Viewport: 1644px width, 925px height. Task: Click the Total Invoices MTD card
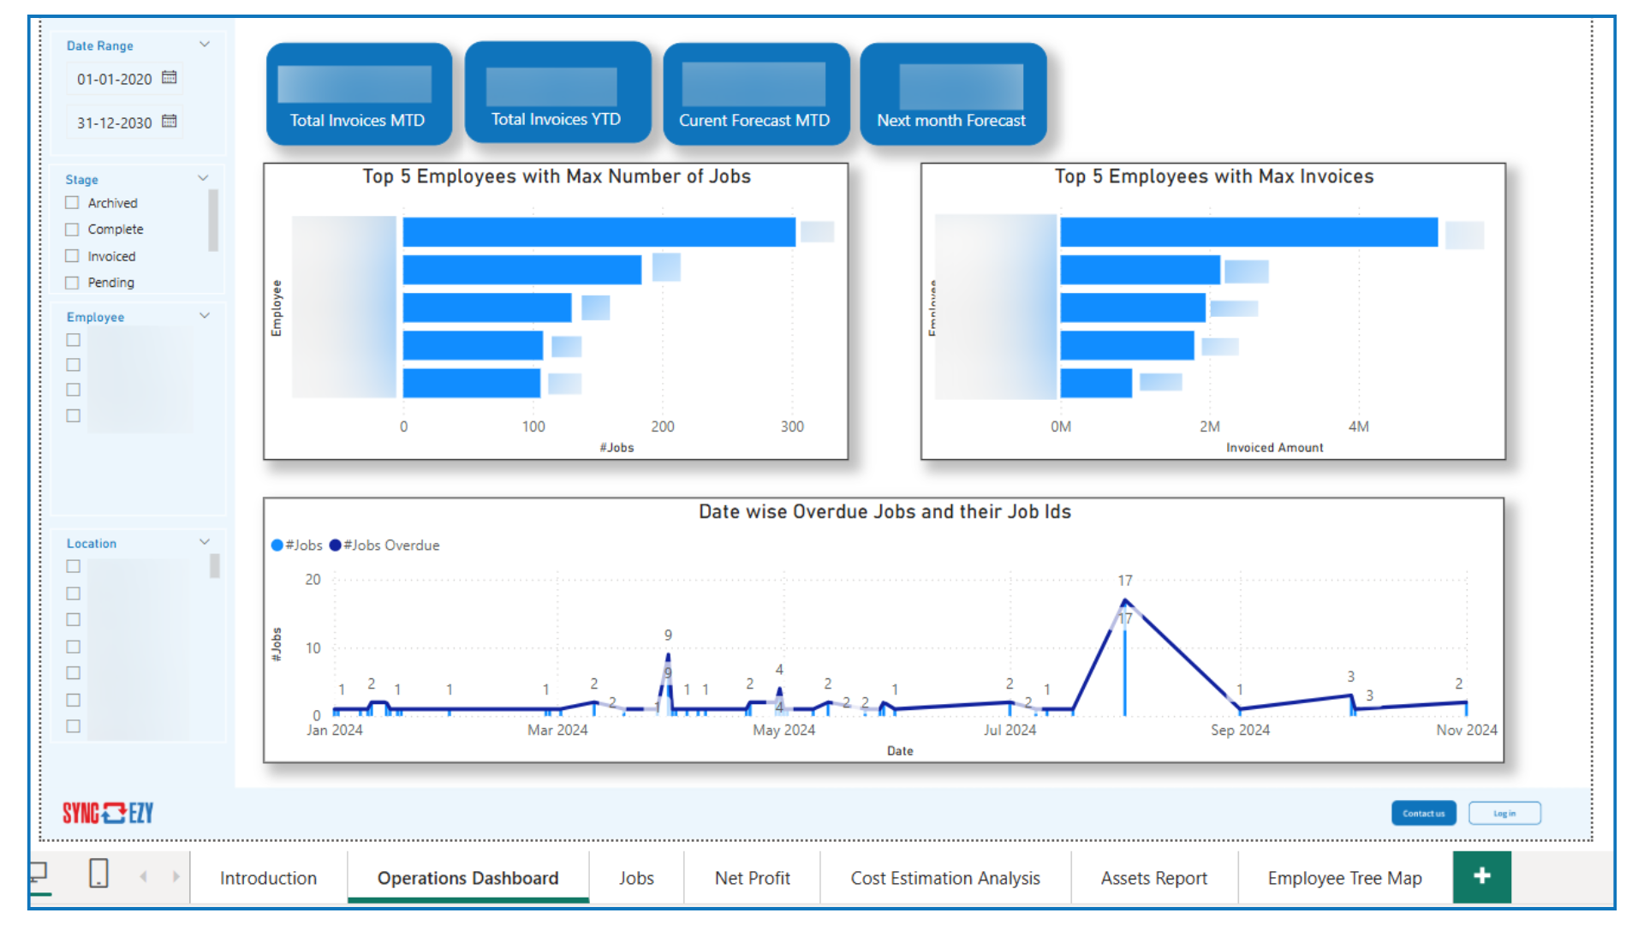pos(359,94)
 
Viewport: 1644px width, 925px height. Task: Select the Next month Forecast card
pos(952,94)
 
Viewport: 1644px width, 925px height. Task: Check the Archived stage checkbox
pos(73,203)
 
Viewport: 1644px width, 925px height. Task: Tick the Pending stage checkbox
pos(73,283)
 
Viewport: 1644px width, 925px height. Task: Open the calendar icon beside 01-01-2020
pos(170,78)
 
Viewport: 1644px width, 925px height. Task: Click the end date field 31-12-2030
pos(114,122)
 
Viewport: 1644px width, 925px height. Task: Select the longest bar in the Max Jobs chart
pos(599,232)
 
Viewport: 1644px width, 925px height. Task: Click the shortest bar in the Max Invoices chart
pos(1095,383)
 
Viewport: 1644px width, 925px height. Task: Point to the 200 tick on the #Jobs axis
pos(662,427)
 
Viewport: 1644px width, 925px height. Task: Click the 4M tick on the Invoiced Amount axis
pos(1358,427)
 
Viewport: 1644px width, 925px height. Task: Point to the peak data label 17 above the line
pos(1124,581)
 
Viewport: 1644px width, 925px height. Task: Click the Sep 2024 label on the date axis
pos(1239,730)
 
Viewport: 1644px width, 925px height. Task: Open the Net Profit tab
pos(752,878)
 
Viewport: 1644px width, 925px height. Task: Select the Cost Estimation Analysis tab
pos(944,878)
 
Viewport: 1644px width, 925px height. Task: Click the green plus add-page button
pos(1481,876)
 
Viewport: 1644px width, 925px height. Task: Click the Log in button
pos(1504,813)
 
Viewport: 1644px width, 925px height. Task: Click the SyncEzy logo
pos(108,813)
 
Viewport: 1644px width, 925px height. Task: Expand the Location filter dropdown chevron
pos(205,542)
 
